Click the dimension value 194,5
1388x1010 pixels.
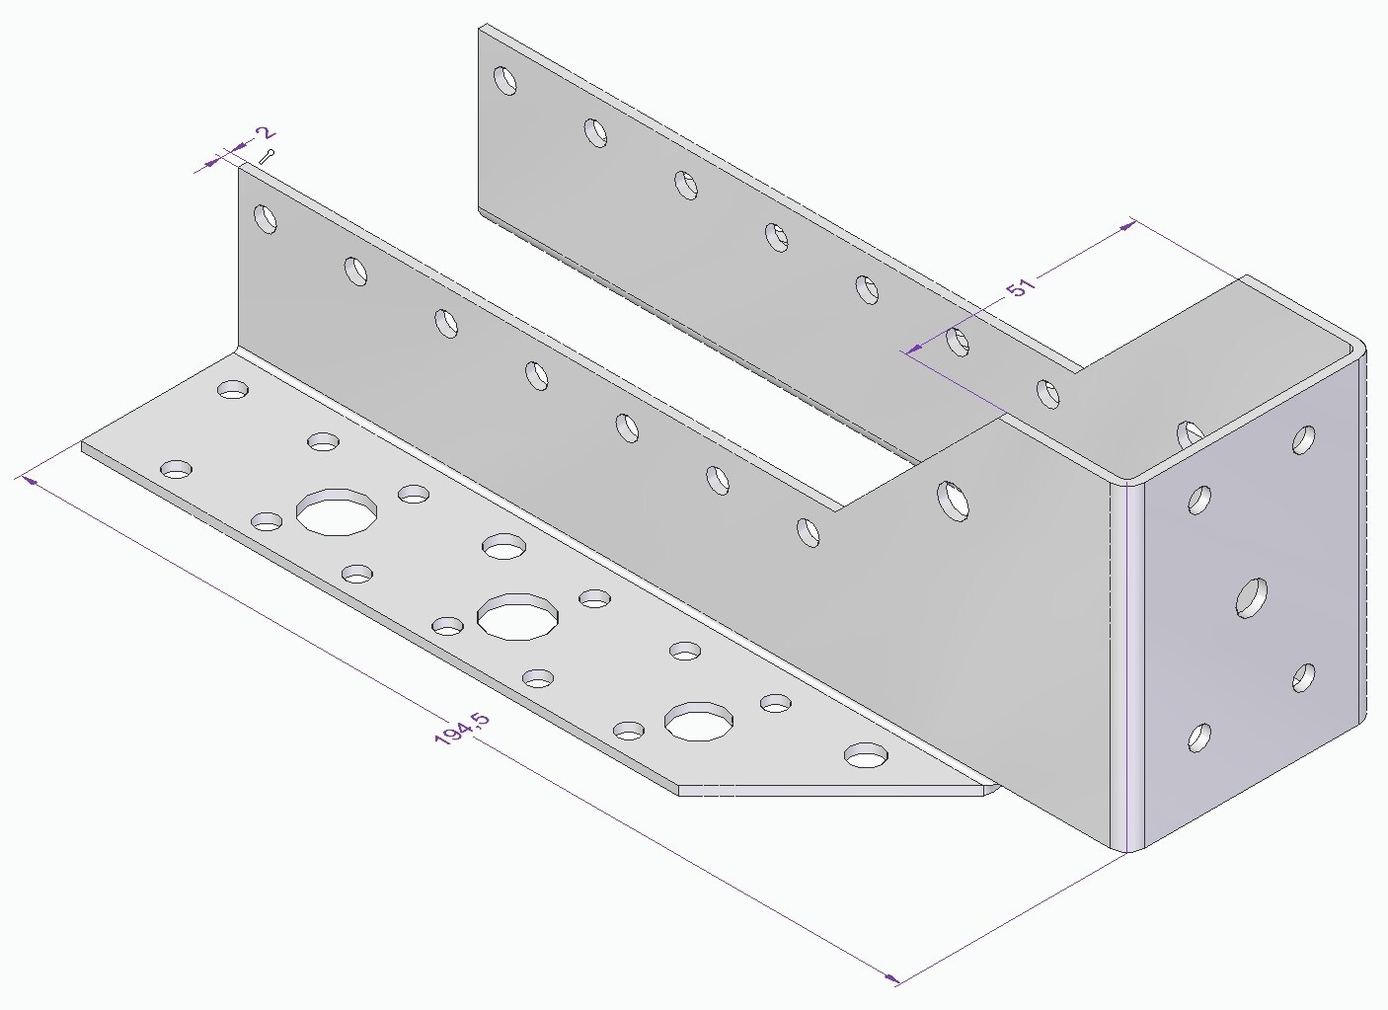click(x=461, y=729)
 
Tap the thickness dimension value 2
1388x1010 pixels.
click(x=264, y=133)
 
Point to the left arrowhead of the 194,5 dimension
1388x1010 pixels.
click(x=30, y=481)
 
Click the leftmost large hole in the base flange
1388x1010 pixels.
click(x=337, y=511)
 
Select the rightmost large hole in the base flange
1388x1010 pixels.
click(x=699, y=722)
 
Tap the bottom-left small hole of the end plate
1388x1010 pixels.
click(x=1199, y=738)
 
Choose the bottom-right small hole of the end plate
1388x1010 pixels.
click(x=1304, y=677)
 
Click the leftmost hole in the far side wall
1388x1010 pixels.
click(x=505, y=80)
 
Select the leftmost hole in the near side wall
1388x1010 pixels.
click(x=266, y=217)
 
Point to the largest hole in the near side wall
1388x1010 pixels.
click(x=953, y=501)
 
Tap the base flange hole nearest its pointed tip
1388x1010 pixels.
click(x=866, y=756)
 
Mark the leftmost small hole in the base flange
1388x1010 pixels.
click(x=177, y=468)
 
